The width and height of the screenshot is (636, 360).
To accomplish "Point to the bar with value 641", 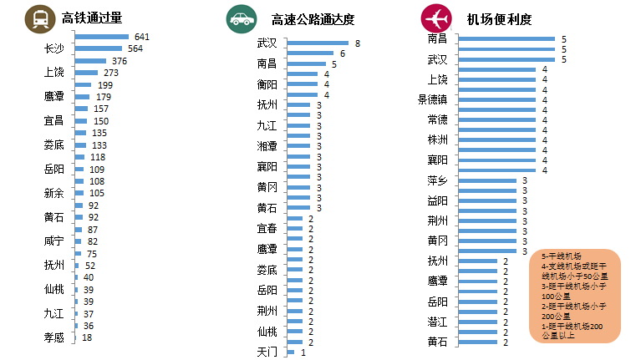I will point(101,38).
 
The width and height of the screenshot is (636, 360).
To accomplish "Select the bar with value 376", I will point(90,61).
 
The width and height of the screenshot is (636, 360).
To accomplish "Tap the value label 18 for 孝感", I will point(87,337).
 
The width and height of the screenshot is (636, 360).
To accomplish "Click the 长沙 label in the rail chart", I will point(54,49).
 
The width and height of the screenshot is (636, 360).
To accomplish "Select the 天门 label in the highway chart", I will point(267,352).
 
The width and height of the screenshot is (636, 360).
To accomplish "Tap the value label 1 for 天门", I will point(303,352).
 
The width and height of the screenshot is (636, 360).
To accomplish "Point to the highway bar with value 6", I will point(310,53).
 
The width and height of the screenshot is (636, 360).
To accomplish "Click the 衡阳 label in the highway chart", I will point(267,84).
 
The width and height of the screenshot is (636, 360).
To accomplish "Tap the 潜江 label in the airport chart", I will point(438,322).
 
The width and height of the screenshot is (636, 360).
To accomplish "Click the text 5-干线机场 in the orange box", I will point(562,256).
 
